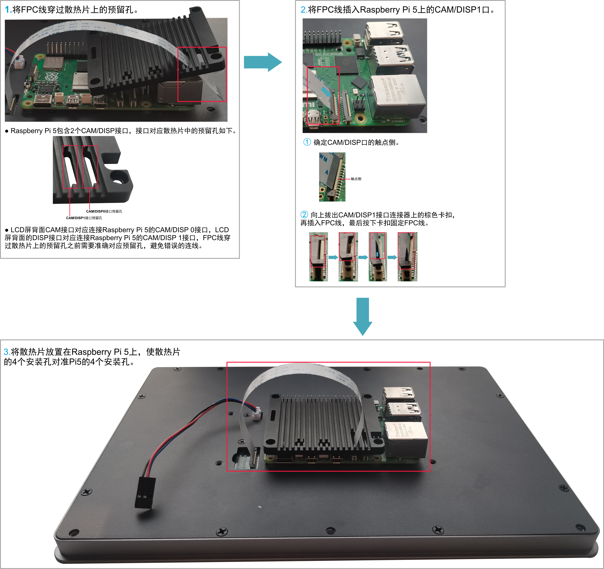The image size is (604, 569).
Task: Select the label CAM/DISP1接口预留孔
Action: click(84, 218)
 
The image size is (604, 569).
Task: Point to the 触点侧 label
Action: click(356, 179)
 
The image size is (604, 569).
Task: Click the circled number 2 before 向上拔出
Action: click(304, 214)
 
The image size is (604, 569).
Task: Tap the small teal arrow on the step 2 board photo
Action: click(326, 92)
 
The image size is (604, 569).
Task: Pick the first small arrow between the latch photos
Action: click(333, 257)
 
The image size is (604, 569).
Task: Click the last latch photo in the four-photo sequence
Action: click(407, 257)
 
